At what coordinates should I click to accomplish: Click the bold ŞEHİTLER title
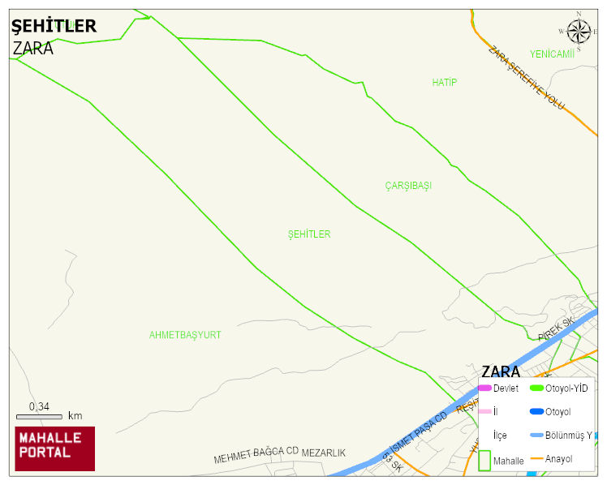tap(54, 26)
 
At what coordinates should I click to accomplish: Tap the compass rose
tap(579, 32)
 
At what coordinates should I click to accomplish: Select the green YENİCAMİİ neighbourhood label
tap(552, 54)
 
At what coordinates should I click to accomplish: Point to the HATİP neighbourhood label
tap(444, 83)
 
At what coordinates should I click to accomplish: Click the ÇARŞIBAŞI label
tap(408, 186)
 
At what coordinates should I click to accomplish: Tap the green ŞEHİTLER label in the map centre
tap(309, 234)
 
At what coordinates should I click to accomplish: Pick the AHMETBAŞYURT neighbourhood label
tap(185, 335)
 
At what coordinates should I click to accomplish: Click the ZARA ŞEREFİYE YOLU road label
tap(526, 78)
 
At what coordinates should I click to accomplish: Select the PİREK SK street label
tap(556, 329)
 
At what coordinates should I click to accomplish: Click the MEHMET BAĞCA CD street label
tap(256, 455)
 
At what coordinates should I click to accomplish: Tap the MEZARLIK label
tap(324, 453)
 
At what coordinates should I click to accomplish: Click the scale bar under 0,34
tap(39, 417)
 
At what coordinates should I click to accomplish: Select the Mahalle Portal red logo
tap(55, 449)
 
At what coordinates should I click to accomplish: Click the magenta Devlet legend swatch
tap(484, 388)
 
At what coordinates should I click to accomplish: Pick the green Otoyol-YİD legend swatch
tap(536, 388)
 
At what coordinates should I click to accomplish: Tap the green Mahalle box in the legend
tap(484, 460)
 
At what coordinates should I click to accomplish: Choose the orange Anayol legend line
tap(536, 459)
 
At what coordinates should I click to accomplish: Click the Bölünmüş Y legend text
tap(569, 435)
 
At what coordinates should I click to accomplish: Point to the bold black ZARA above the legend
tap(501, 371)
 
